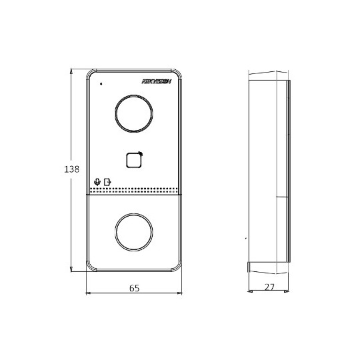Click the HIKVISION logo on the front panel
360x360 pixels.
pos(157,81)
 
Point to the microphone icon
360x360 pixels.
pos(97,181)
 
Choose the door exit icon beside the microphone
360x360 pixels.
pos(107,181)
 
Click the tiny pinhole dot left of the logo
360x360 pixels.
pos(101,84)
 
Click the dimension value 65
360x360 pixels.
pos(133,289)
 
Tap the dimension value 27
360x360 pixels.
pos(269,289)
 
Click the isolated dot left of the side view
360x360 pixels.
pos(245,238)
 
